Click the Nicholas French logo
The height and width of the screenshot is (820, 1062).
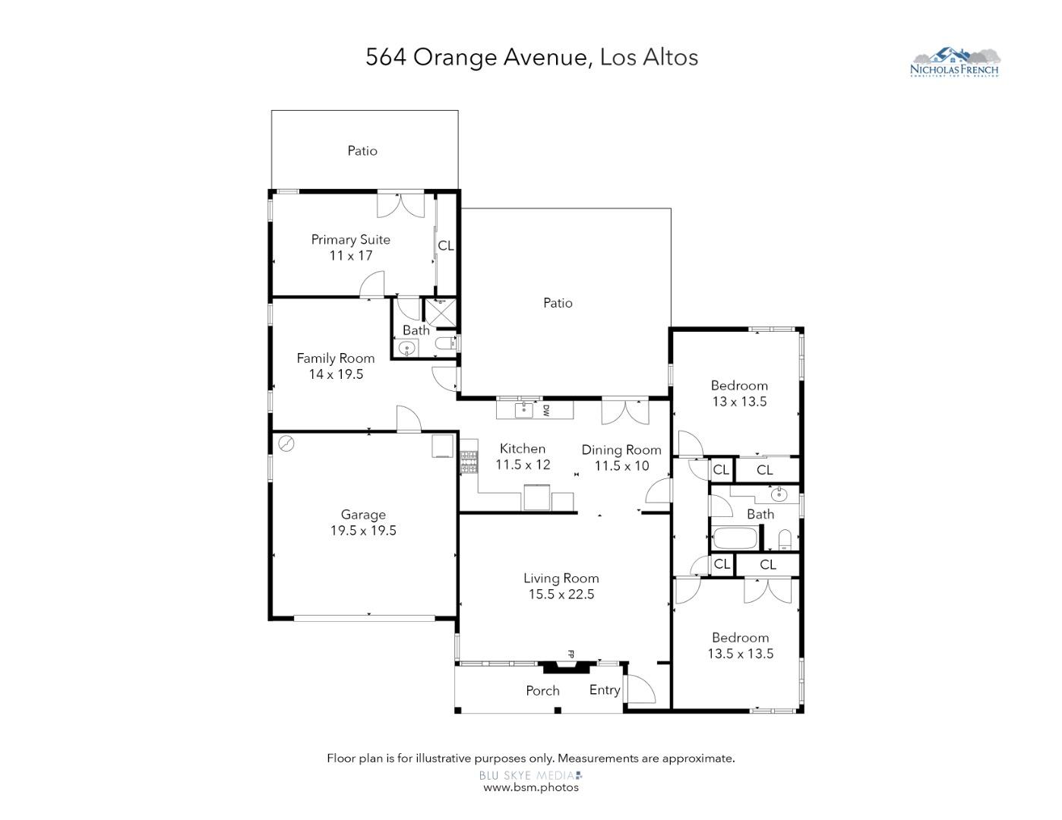pyautogui.click(x=956, y=62)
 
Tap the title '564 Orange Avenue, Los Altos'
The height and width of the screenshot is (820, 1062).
pyautogui.click(x=531, y=57)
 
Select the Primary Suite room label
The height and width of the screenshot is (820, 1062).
pyautogui.click(x=350, y=239)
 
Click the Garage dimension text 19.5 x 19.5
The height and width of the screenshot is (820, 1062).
pyautogui.click(x=363, y=531)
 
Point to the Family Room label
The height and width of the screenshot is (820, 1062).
pyautogui.click(x=335, y=358)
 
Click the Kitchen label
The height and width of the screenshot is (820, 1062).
pyautogui.click(x=523, y=449)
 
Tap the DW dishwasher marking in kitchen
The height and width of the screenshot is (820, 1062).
pyautogui.click(x=545, y=410)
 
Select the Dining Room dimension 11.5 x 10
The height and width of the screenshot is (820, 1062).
pyautogui.click(x=621, y=465)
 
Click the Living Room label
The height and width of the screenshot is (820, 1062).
pyautogui.click(x=561, y=579)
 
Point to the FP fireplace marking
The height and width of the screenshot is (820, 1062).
pyautogui.click(x=571, y=653)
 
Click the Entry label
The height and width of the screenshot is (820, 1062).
pyautogui.click(x=605, y=690)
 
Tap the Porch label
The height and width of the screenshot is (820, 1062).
pyautogui.click(x=542, y=691)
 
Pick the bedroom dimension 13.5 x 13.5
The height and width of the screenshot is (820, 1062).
pyautogui.click(x=740, y=654)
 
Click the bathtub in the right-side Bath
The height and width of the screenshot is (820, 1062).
pyautogui.click(x=735, y=540)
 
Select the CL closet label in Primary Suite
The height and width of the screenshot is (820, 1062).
pyautogui.click(x=446, y=246)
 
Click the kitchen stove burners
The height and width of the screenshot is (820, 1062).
pyautogui.click(x=468, y=461)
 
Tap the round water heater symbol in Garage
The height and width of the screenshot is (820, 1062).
pyautogui.click(x=286, y=444)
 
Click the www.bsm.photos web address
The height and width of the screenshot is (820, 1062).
pyautogui.click(x=531, y=787)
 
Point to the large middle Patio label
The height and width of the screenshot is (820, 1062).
pyautogui.click(x=558, y=303)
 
